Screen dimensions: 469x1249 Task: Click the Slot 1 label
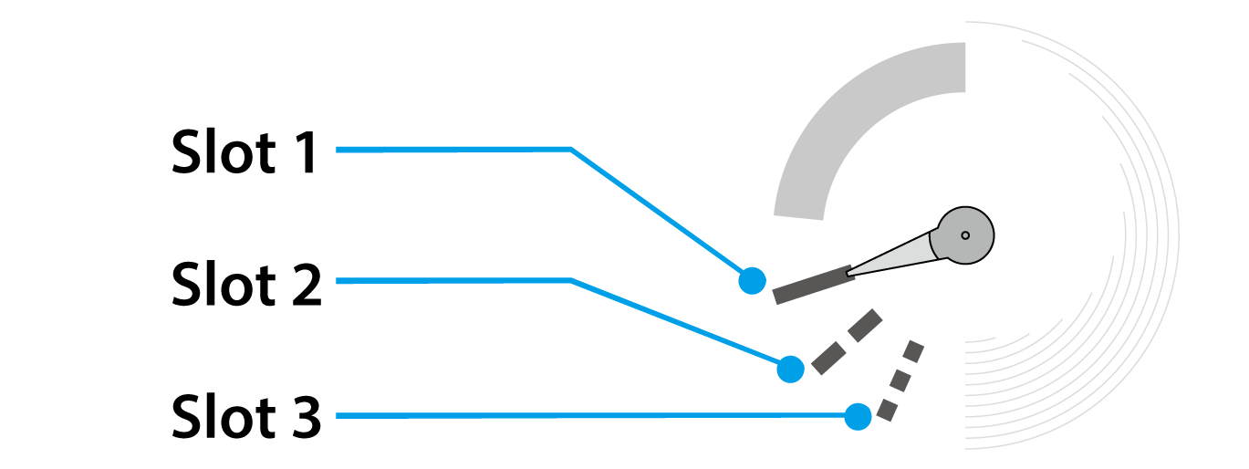click(245, 152)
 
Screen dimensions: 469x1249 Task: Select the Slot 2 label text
click(246, 285)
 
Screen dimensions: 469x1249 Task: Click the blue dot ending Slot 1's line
click(752, 280)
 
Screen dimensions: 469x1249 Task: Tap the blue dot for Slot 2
click(790, 369)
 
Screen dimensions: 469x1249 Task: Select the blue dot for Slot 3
click(858, 417)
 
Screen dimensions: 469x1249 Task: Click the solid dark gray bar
click(813, 284)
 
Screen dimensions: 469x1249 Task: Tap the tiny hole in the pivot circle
click(965, 235)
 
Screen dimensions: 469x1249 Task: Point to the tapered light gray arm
click(894, 255)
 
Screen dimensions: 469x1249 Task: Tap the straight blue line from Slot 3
click(593, 416)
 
